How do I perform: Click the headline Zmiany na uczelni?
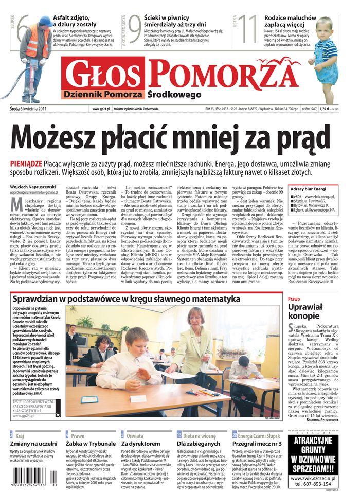pos(34,443)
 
